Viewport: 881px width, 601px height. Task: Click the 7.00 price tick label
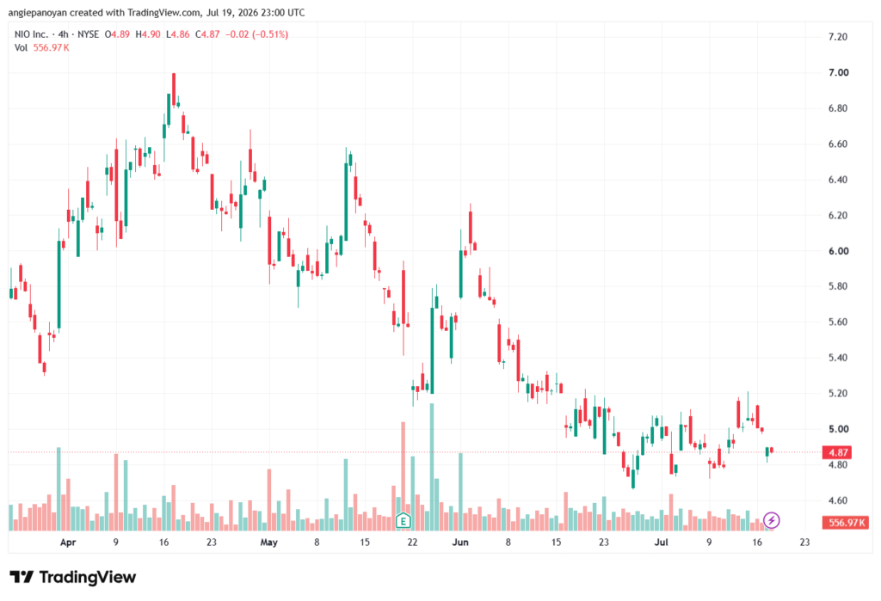tap(838, 72)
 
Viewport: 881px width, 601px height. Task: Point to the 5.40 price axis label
tap(838, 358)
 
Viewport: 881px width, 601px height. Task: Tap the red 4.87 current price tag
tap(838, 452)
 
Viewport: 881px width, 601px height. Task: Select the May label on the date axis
tap(269, 543)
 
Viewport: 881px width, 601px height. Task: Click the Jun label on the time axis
tap(460, 543)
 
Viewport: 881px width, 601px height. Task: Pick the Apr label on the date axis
tap(68, 543)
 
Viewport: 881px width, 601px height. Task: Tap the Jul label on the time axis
tap(662, 543)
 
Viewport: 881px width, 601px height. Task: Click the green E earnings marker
tap(403, 521)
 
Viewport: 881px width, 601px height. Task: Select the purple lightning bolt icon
tap(772, 520)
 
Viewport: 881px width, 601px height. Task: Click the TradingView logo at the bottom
tap(73, 578)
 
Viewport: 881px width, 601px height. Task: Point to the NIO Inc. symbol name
tap(32, 34)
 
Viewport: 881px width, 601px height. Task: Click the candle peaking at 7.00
tap(174, 89)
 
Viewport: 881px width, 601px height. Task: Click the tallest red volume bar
tap(403, 476)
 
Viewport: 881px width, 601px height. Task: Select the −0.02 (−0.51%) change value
tap(256, 34)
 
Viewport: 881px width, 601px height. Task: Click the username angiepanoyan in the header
tap(37, 12)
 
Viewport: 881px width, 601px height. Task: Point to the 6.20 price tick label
tap(838, 216)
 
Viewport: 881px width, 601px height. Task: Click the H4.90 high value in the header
tap(148, 34)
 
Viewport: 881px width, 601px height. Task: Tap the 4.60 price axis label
tap(838, 500)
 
